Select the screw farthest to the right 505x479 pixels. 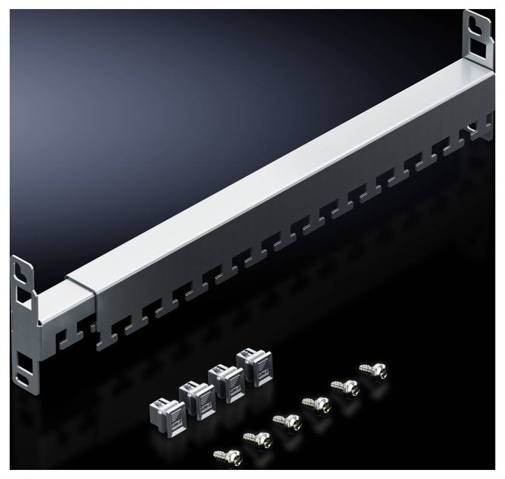point(373,370)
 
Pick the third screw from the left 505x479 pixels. point(284,420)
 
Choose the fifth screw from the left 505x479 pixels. point(343,387)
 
